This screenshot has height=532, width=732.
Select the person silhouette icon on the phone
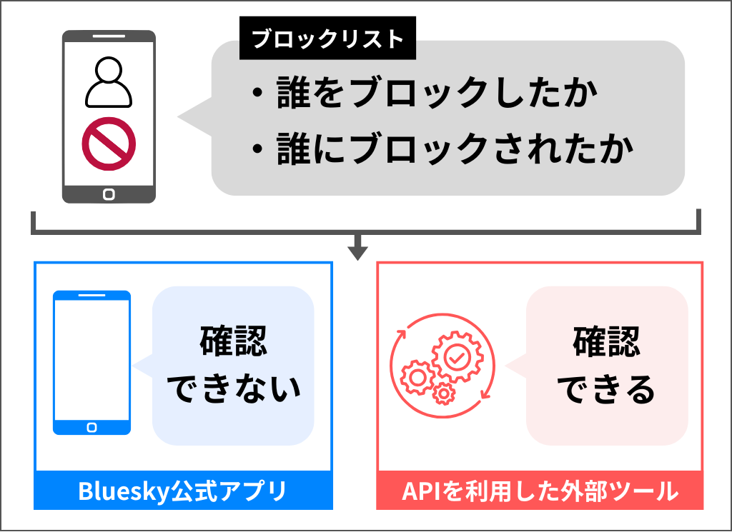click(x=109, y=81)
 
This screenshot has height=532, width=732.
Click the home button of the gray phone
click(x=109, y=193)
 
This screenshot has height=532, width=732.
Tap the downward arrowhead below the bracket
click(x=357, y=251)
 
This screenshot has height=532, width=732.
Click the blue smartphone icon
click(x=91, y=362)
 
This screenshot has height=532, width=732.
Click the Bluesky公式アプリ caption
click(x=182, y=491)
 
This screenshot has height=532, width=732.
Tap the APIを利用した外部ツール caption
click(x=540, y=491)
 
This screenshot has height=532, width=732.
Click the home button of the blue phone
click(x=91, y=426)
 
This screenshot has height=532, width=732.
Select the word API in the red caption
click(x=417, y=491)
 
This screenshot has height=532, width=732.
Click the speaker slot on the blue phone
click(x=91, y=296)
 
